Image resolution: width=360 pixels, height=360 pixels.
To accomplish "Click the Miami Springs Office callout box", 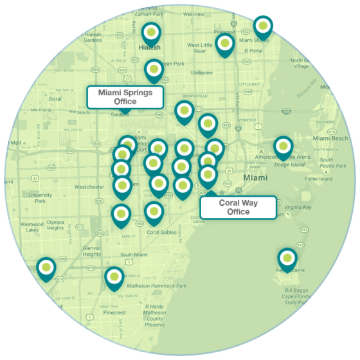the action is coord(125,97).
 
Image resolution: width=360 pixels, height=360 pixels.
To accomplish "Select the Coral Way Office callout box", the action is coord(239,207).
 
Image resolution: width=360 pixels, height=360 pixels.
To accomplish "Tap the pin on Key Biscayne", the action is coord(287,259).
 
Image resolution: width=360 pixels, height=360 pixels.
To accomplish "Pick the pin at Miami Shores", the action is coord(262,26).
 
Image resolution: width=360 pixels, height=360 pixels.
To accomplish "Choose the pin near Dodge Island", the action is coord(283,147).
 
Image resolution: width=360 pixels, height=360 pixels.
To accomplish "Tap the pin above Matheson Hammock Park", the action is coord(114,276).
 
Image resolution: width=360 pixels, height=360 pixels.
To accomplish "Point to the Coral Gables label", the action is coord(161,233).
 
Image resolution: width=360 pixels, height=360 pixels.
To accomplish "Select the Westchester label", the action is coord(89,187).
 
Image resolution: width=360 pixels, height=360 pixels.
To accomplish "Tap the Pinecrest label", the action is coord(113,313).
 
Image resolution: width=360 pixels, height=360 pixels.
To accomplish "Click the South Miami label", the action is coord(133,255).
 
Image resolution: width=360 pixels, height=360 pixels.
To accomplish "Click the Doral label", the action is coord(55,99).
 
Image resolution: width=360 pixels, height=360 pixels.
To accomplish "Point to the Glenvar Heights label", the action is coord(91,251).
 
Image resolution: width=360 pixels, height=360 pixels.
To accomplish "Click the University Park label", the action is coord(40,198).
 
